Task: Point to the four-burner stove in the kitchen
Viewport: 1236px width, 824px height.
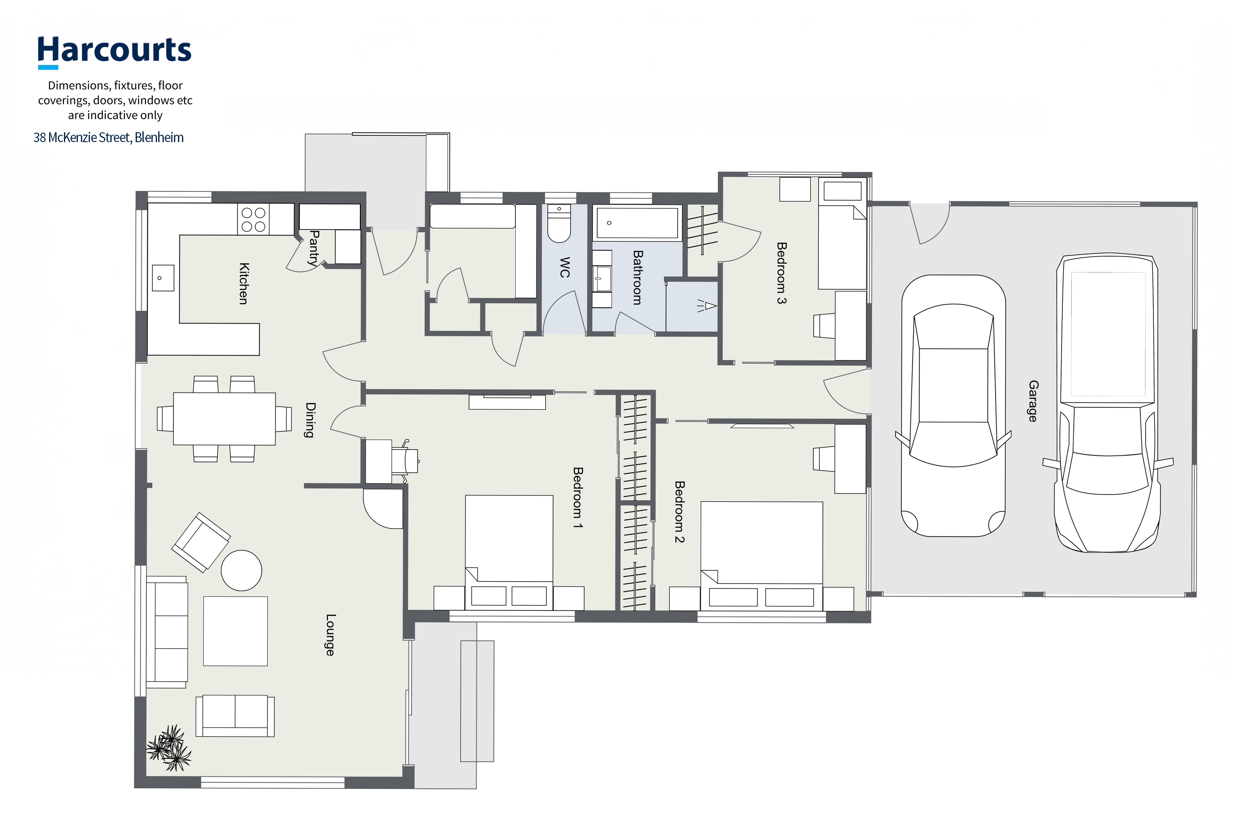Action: click(x=253, y=219)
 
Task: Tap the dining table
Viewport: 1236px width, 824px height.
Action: click(x=224, y=419)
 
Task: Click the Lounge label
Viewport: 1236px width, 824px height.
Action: click(x=330, y=635)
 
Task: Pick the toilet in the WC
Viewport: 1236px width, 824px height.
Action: click(x=559, y=224)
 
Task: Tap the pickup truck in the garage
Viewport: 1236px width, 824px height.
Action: click(x=1108, y=404)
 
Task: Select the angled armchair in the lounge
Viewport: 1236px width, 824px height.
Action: click(x=201, y=542)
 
